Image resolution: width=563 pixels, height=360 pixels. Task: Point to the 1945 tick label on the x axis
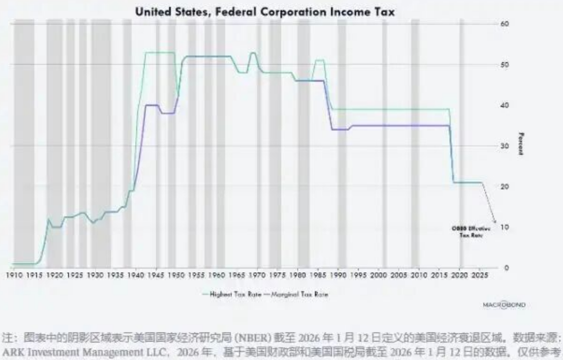tap(156, 275)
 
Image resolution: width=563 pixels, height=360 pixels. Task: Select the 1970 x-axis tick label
tap(257, 275)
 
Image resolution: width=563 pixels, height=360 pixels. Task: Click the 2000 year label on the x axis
tap(378, 275)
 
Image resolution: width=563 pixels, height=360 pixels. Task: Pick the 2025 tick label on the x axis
tap(479, 275)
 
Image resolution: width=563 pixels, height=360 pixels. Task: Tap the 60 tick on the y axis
tap(505, 24)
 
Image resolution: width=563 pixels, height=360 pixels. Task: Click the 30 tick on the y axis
tap(505, 146)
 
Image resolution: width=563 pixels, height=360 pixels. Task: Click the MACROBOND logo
tap(496, 305)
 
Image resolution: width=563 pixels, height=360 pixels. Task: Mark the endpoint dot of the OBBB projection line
tap(495, 221)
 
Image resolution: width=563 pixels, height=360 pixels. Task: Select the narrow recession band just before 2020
tap(462, 142)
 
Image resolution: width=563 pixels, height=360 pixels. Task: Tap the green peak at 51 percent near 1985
tap(319, 60)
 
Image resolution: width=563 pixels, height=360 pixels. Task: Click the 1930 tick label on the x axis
tap(95, 275)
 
